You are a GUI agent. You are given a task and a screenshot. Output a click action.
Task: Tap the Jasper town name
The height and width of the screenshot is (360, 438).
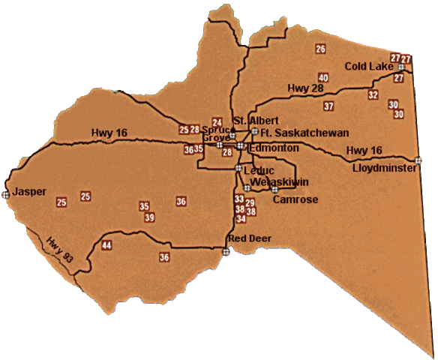[30, 192]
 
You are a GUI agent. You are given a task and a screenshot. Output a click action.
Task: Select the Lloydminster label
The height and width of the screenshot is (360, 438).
[382, 168]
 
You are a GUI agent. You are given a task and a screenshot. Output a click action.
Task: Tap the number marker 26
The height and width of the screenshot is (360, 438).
[320, 49]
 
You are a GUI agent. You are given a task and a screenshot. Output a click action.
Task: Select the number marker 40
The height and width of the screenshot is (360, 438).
[323, 78]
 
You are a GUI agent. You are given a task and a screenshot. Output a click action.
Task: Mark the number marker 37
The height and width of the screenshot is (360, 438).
[328, 106]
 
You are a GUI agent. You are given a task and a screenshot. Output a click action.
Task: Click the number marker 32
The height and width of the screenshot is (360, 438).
[373, 95]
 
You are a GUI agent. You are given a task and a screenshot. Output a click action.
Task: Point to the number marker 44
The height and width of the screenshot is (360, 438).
[106, 246]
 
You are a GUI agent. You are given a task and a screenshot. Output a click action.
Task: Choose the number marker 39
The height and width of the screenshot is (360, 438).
[149, 217]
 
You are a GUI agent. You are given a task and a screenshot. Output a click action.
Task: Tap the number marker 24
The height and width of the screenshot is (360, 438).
[217, 122]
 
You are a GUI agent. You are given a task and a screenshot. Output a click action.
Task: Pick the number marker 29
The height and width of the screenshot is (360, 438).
[250, 203]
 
